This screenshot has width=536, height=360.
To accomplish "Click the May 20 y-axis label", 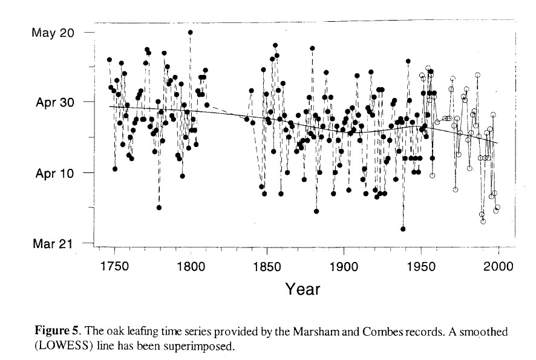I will (51, 32).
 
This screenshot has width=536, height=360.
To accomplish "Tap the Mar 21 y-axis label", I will (52, 244).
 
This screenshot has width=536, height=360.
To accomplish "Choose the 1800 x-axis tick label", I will (191, 266).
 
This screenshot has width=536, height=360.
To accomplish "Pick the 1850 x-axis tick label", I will (268, 266).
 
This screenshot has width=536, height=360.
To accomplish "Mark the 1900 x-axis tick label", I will (345, 266).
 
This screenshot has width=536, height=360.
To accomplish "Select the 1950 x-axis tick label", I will (422, 266).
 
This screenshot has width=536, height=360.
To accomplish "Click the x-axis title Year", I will (302, 289).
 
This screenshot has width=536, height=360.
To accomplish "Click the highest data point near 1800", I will (191, 32).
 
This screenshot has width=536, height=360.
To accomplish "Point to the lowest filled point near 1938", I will (403, 229).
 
